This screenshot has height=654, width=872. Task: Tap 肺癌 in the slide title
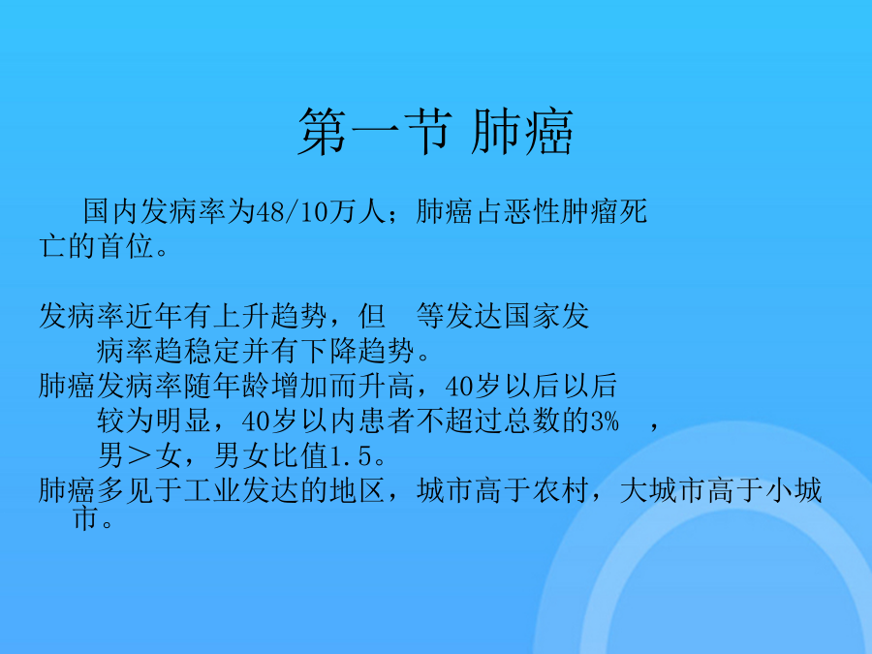click(x=522, y=132)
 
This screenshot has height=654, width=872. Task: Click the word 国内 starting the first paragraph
click(x=111, y=212)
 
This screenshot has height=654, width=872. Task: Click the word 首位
click(x=126, y=246)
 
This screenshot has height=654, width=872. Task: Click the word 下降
click(x=329, y=351)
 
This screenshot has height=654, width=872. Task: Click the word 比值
click(x=301, y=456)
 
